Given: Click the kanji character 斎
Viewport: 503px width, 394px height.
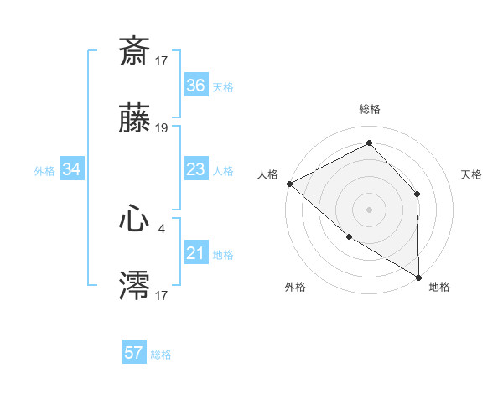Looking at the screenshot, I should click(x=135, y=51).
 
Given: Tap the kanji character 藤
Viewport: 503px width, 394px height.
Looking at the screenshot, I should click(x=135, y=122).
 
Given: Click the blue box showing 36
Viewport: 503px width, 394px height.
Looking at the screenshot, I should click(x=196, y=86).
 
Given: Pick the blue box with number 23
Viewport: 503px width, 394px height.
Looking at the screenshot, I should click(x=196, y=169).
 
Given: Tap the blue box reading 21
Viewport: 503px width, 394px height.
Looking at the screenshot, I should click(x=196, y=253).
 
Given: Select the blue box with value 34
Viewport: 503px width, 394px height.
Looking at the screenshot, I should click(x=72, y=170).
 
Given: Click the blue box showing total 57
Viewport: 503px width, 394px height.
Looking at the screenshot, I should click(x=134, y=353).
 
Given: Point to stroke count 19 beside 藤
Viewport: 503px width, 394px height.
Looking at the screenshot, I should click(x=162, y=128).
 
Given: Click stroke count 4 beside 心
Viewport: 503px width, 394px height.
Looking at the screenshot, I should click(x=162, y=226).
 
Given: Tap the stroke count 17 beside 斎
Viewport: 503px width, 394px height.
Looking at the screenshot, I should click(x=162, y=60).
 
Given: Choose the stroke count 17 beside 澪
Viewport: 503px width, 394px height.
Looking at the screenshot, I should click(x=162, y=294).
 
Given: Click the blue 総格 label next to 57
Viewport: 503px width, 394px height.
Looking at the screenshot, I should click(x=161, y=355).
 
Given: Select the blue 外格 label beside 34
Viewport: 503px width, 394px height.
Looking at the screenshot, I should click(x=44, y=171).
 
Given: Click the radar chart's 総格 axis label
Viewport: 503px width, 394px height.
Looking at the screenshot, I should click(x=370, y=109).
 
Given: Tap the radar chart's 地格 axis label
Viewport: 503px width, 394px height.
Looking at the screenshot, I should click(x=439, y=287).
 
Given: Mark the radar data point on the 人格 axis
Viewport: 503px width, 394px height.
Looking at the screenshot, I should click(x=289, y=183).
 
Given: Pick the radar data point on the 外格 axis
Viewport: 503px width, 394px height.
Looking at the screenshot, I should click(x=349, y=237).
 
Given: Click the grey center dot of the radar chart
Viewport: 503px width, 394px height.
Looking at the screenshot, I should click(x=370, y=209).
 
